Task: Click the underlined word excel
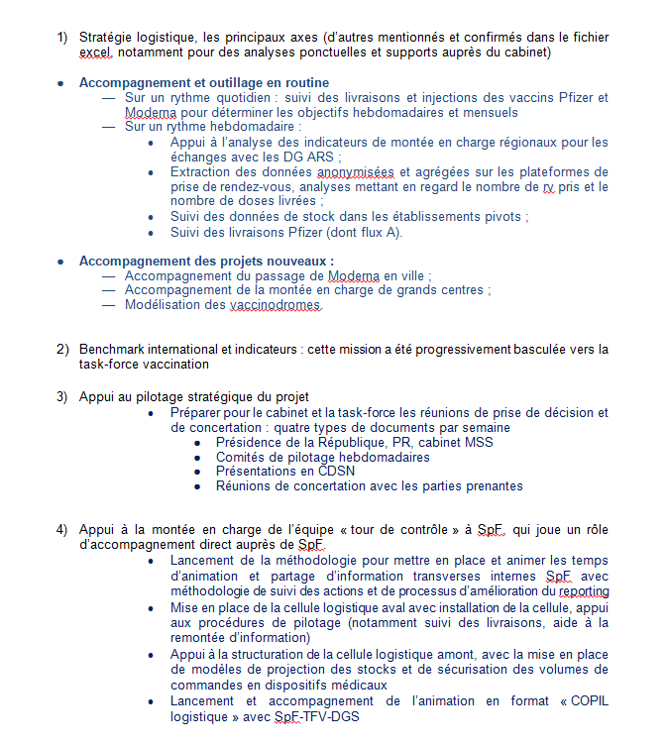tap(96, 52)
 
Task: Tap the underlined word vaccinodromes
tap(277, 306)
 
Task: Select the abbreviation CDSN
tap(336, 472)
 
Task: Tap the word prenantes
tap(490, 486)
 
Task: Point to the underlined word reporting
tap(584, 591)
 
